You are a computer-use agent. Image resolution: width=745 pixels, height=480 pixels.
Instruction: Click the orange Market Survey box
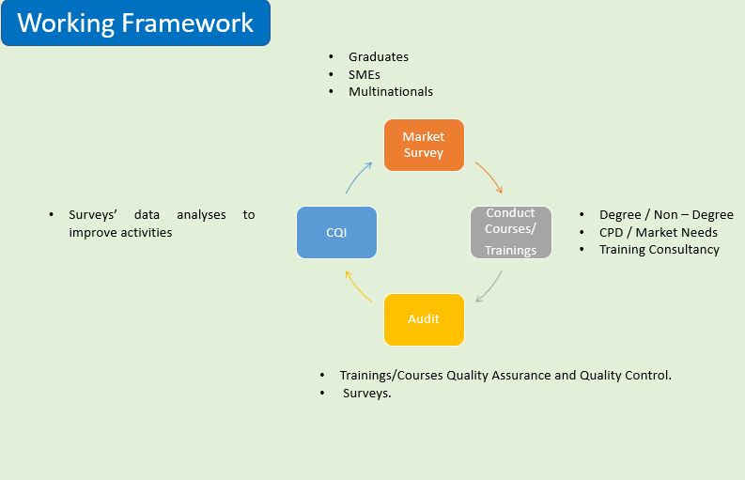point(424,145)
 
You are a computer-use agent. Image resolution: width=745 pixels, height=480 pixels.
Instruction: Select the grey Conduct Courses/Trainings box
point(510,232)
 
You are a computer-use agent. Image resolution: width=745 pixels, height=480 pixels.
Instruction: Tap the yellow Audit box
point(424,319)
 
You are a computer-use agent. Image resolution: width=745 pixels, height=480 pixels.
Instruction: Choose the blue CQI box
point(336,232)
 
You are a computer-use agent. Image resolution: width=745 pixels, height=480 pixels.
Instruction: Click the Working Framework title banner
point(135,23)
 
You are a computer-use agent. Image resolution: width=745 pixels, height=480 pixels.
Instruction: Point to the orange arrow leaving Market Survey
point(489,177)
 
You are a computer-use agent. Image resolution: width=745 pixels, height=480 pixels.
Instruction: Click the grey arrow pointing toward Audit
point(489,286)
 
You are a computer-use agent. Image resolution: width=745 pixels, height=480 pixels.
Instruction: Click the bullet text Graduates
point(378,56)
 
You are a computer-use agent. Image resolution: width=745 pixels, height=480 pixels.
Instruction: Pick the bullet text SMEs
point(364,74)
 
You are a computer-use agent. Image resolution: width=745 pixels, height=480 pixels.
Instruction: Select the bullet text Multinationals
point(390,91)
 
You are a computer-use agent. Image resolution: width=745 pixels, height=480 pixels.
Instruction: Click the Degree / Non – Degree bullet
point(665,215)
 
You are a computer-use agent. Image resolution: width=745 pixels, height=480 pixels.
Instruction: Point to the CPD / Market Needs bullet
point(658,232)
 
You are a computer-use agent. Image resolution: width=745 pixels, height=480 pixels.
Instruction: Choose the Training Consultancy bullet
point(659,249)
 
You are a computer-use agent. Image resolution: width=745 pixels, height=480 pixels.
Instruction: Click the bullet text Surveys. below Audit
point(366,394)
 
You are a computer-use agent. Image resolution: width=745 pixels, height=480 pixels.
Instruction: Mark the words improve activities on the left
point(120,232)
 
